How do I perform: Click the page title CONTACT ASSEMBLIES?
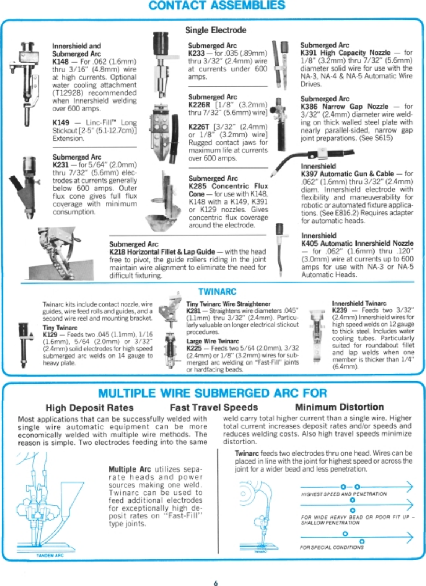(x=217, y=6)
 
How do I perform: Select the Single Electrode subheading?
(x=216, y=30)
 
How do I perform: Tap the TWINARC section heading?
(x=217, y=292)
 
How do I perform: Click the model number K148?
(x=60, y=62)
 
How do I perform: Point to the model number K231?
(x=60, y=165)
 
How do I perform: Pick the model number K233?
(x=196, y=53)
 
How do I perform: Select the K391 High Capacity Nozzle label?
(x=345, y=53)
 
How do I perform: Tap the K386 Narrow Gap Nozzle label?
(x=344, y=107)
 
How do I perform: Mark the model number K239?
(x=340, y=310)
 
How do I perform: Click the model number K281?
(x=193, y=311)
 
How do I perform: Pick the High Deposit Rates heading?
(x=89, y=408)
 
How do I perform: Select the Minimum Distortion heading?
(x=339, y=407)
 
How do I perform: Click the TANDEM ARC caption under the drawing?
(x=50, y=555)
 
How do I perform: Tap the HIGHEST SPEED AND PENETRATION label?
(x=344, y=494)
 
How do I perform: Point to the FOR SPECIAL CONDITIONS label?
(x=332, y=547)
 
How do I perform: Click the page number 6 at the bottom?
(x=216, y=583)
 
